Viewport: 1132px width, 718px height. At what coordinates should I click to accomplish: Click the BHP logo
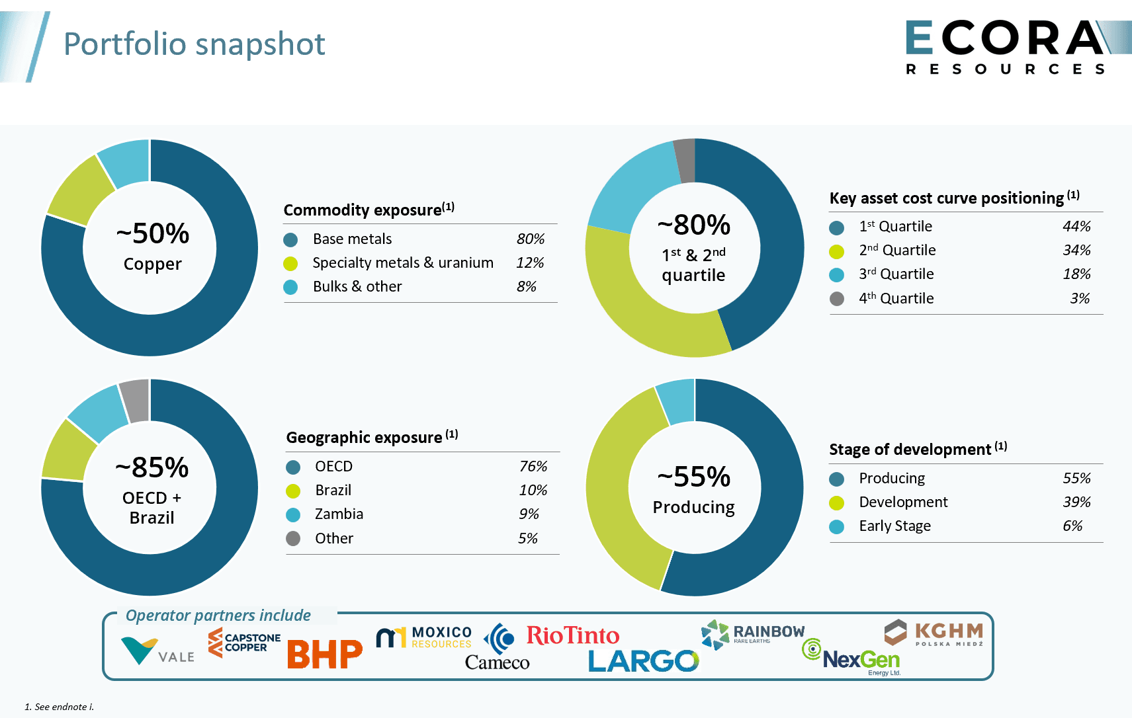tap(324, 654)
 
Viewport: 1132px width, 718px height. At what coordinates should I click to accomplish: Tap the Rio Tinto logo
tap(572, 635)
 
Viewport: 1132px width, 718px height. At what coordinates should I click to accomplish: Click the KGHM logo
tap(934, 633)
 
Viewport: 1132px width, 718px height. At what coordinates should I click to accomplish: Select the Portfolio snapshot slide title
tap(194, 44)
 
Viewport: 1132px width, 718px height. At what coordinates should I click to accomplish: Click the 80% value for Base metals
tap(531, 239)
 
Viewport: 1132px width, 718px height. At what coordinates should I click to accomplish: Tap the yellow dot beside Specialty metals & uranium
tap(290, 263)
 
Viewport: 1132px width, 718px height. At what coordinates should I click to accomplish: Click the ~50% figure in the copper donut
tap(153, 233)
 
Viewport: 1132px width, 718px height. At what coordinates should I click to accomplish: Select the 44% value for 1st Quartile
tap(1076, 226)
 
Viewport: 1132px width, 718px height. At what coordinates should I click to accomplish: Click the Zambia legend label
tap(339, 514)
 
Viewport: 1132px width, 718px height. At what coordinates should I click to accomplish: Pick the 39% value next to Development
tap(1076, 502)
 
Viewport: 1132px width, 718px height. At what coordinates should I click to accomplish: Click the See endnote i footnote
tap(60, 707)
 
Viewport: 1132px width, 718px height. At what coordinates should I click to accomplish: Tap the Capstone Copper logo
tap(244, 643)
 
